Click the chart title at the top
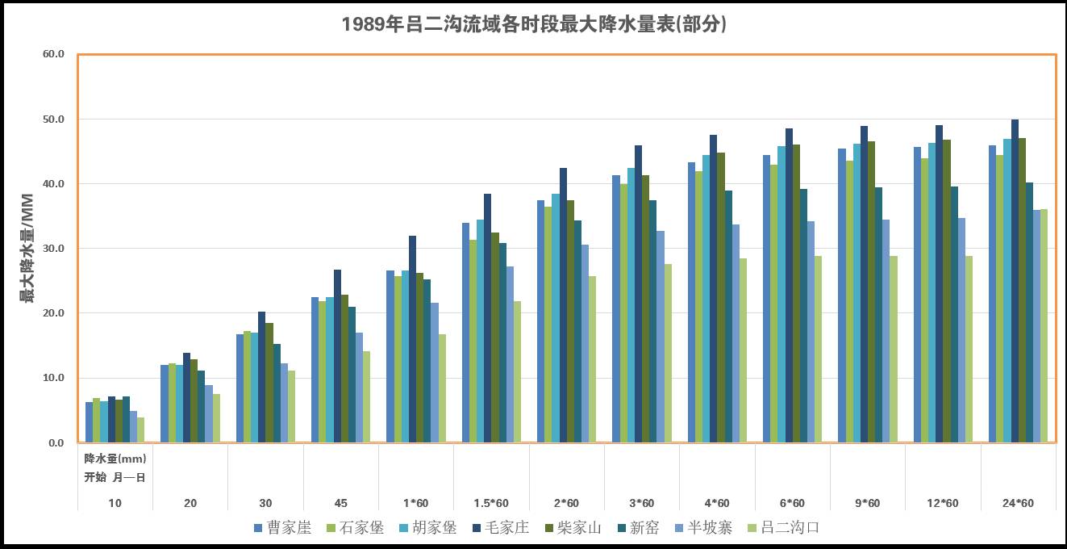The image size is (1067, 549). (x=534, y=24)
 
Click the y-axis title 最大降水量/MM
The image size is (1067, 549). (x=28, y=248)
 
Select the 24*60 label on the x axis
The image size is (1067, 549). (x=1018, y=503)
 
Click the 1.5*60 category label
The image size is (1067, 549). (x=491, y=503)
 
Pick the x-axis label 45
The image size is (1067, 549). (x=341, y=503)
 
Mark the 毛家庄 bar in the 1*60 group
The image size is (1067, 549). (x=413, y=339)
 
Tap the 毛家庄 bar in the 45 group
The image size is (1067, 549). (x=337, y=356)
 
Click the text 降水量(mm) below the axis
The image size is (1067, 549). (x=115, y=459)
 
